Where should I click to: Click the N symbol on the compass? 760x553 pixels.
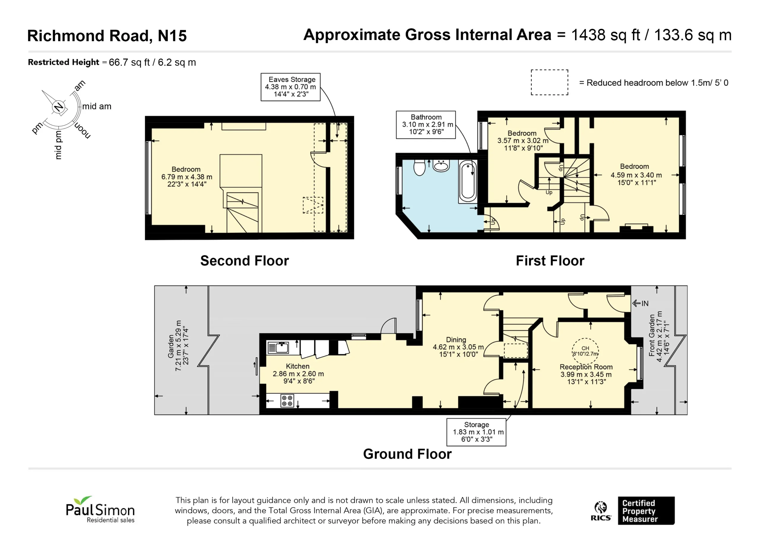point(59,107)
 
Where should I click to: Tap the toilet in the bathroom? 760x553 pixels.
point(419,167)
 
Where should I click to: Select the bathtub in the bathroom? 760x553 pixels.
point(468,181)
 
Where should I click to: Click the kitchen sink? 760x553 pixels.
point(278,348)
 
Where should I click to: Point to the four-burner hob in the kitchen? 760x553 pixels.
point(287,401)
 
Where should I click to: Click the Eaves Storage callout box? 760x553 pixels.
point(291,87)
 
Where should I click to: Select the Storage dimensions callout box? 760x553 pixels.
point(476,432)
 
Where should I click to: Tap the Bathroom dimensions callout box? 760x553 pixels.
point(426,125)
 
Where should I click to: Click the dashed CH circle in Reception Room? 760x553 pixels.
point(585,351)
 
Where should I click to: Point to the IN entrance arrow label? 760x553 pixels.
point(640,303)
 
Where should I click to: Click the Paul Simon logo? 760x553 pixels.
point(100,509)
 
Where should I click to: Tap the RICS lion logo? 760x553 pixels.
point(601,511)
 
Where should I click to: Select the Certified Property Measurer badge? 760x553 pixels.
point(646,511)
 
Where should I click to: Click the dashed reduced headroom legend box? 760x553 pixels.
point(550,82)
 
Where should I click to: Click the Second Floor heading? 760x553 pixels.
point(244,261)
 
